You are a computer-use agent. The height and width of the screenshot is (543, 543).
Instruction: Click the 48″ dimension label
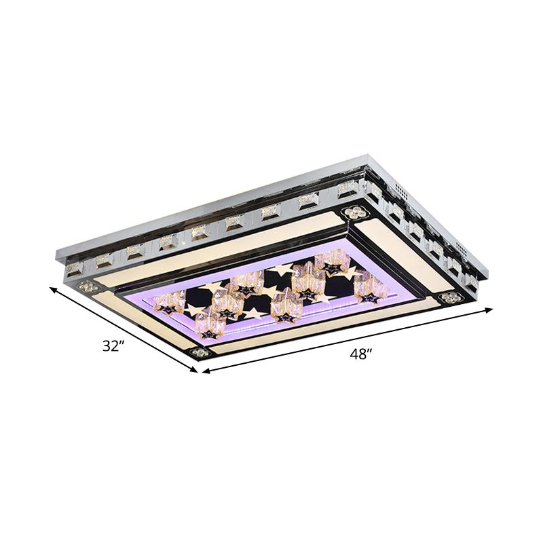point(360,354)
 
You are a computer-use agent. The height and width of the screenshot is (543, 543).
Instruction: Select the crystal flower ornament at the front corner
point(201,352)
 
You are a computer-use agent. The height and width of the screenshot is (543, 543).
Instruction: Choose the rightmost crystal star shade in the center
point(370,288)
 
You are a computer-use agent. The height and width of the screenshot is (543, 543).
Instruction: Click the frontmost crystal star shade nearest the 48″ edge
point(209,327)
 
